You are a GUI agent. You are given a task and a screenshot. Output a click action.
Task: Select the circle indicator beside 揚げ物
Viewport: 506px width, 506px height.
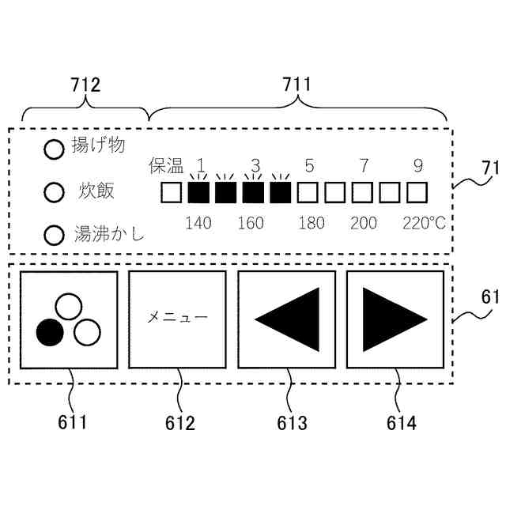pos(53,149)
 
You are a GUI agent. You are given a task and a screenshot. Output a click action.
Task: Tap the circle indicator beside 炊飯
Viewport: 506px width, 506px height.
pos(53,192)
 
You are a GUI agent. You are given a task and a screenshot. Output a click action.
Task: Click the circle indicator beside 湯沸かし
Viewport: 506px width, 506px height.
pos(53,235)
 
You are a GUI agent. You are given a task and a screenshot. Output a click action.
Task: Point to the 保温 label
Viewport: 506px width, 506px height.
pos(166,166)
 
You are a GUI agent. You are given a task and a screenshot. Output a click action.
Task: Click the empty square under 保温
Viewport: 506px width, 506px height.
pos(172,192)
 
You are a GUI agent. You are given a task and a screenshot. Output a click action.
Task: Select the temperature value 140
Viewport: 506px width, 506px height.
pos(198,223)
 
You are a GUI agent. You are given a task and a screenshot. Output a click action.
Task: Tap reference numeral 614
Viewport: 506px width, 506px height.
pos(401,423)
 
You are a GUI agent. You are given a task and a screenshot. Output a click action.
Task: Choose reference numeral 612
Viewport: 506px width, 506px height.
pos(180,423)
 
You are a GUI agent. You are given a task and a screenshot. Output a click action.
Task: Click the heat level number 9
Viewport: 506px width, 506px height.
pos(417,166)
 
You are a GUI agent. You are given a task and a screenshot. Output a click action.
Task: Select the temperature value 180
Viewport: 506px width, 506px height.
pos(312,223)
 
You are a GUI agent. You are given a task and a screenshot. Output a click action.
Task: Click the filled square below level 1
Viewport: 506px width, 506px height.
pos(198,192)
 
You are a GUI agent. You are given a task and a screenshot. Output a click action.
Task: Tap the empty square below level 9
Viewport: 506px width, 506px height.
pos(417,192)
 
